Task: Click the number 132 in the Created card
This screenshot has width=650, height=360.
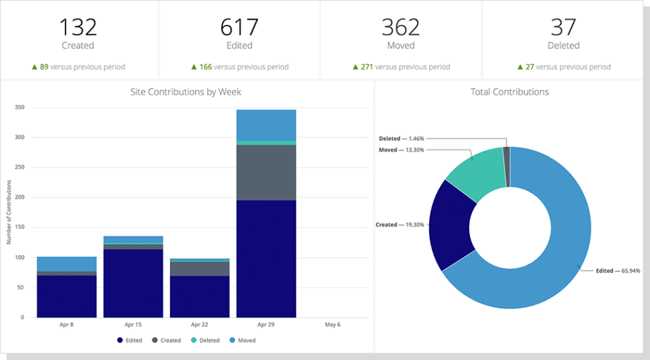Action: click(x=78, y=27)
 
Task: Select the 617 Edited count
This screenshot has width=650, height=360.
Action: click(x=239, y=27)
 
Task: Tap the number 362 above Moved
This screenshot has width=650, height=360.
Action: click(x=401, y=27)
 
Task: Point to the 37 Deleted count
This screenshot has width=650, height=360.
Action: click(x=563, y=27)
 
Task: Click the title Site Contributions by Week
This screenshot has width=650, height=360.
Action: click(x=186, y=91)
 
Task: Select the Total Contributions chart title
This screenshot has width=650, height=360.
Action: click(x=509, y=91)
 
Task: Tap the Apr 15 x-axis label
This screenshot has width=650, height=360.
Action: click(x=133, y=325)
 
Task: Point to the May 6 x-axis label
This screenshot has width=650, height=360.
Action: click(x=332, y=325)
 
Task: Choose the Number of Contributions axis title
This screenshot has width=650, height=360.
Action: click(x=9, y=212)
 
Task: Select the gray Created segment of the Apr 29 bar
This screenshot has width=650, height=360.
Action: click(x=265, y=173)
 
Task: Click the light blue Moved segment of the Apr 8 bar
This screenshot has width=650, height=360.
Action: click(x=66, y=264)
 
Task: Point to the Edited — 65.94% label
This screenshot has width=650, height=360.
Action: click(x=614, y=270)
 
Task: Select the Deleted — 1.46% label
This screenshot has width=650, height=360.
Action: click(x=402, y=139)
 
